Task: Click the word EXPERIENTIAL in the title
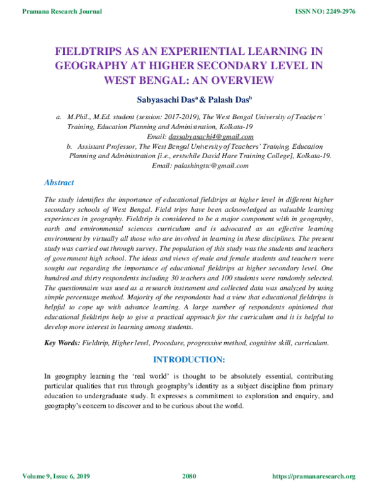click(192, 52)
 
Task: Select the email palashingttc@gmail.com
click(200, 165)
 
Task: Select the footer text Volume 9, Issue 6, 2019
click(57, 476)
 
